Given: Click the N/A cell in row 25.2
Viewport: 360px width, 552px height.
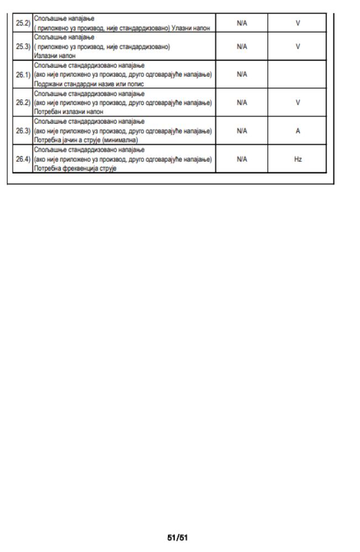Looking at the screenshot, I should [x=241, y=24].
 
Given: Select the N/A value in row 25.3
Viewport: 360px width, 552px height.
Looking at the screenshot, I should [x=241, y=47].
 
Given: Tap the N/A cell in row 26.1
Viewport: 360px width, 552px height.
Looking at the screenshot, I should [x=241, y=75].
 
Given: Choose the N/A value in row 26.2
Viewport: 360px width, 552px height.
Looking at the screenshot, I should [x=241, y=103].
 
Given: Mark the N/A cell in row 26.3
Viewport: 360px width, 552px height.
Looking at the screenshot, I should [x=241, y=131].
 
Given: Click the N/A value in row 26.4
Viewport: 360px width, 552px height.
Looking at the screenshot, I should [x=241, y=159].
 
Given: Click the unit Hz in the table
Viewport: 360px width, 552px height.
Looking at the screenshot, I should [x=298, y=159].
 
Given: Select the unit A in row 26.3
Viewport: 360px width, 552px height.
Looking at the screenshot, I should [x=298, y=131].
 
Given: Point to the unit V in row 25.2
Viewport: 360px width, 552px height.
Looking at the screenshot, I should [x=298, y=24].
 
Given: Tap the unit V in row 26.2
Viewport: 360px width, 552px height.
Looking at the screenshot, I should [x=298, y=103].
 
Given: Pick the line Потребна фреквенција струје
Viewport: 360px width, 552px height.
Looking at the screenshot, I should [x=72, y=167].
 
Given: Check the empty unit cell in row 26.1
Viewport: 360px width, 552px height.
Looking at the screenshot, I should [x=298, y=75].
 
